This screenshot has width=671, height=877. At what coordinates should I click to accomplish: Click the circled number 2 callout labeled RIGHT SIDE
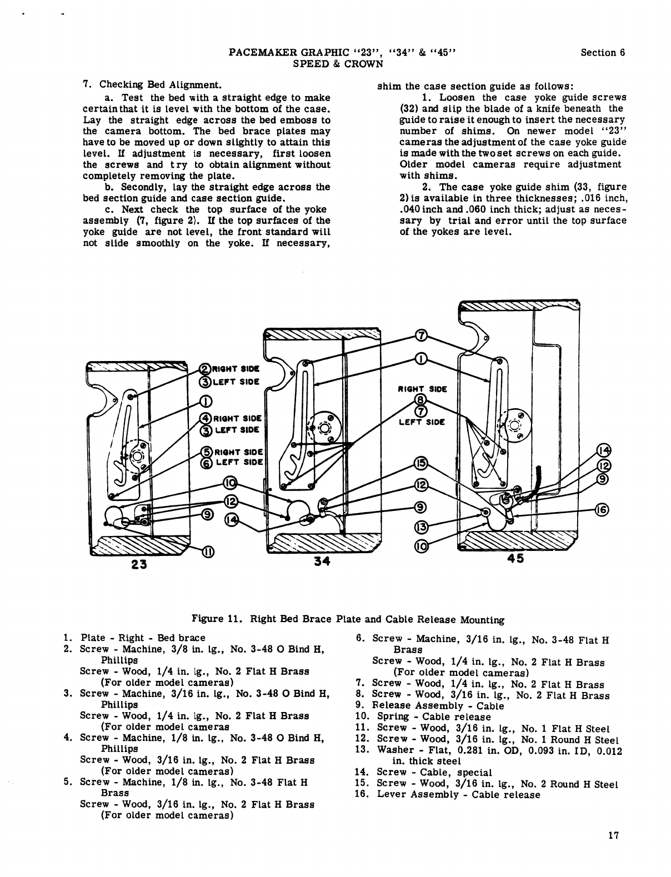[205, 368]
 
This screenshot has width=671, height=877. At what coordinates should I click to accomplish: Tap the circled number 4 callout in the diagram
[205, 418]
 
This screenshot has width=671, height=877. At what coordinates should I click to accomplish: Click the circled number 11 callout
[207, 552]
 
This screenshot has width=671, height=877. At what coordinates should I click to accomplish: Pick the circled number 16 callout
[602, 510]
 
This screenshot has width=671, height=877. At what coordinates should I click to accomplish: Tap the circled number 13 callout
[421, 526]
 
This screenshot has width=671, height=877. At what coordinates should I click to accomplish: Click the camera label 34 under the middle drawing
[322, 561]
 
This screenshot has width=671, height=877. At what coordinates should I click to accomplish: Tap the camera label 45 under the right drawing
[515, 559]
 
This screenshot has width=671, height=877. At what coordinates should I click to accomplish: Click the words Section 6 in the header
[603, 53]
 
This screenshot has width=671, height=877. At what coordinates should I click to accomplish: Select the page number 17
[613, 835]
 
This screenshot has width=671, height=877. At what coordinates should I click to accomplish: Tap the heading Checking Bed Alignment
[161, 86]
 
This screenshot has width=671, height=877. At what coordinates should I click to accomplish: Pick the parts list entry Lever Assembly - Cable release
[458, 795]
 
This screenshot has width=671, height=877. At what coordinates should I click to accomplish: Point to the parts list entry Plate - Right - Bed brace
[143, 638]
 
